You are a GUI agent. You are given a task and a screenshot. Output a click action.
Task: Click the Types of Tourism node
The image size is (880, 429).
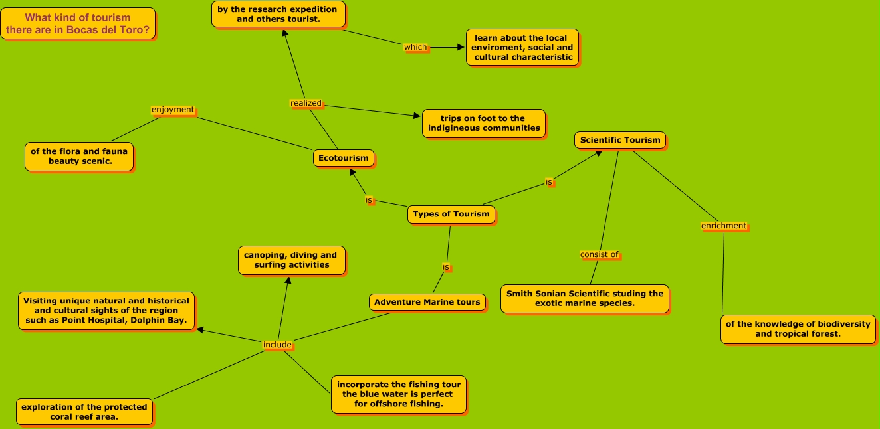pyautogui.click(x=451, y=214)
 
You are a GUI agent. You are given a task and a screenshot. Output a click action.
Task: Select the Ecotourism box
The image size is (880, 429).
pyautogui.click(x=343, y=158)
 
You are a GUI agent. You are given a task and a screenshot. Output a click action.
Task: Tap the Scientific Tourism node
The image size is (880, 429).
pyautogui.click(x=619, y=140)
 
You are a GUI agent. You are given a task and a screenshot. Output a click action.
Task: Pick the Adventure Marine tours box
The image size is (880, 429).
pyautogui.click(x=427, y=302)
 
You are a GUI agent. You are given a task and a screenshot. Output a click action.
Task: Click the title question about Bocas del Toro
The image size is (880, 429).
pyautogui.click(x=78, y=23)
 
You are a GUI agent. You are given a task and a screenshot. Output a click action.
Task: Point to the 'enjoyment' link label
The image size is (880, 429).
pyautogui.click(x=173, y=110)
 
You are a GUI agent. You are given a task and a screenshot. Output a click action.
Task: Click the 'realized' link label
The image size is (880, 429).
pyautogui.click(x=306, y=103)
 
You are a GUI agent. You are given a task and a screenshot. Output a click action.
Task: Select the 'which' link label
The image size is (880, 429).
pyautogui.click(x=415, y=47)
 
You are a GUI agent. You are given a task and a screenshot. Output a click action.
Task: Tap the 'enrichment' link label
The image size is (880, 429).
pyautogui.click(x=724, y=226)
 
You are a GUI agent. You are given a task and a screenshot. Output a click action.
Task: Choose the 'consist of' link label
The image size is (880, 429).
pyautogui.click(x=600, y=254)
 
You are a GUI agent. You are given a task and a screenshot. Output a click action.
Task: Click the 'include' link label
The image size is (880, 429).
pyautogui.click(x=277, y=345)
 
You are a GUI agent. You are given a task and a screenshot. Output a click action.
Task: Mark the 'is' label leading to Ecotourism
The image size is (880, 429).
pyautogui.click(x=369, y=199)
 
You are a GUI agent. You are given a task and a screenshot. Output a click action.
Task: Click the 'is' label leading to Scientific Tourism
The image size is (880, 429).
pyautogui.click(x=549, y=182)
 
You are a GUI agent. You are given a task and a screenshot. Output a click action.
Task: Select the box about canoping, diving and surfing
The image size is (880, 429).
pyautogui.click(x=290, y=260)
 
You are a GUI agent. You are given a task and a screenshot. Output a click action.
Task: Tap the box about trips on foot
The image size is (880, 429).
pyautogui.click(x=483, y=124)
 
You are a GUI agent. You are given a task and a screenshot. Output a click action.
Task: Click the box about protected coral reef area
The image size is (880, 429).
pyautogui.click(x=84, y=412)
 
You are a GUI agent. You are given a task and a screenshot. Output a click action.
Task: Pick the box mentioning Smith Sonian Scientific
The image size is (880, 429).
pyautogui.click(x=584, y=298)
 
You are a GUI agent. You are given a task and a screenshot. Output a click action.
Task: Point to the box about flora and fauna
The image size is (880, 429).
pyautogui.click(x=78, y=156)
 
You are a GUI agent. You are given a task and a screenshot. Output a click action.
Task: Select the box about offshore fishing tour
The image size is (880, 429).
pyautogui.click(x=398, y=394)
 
